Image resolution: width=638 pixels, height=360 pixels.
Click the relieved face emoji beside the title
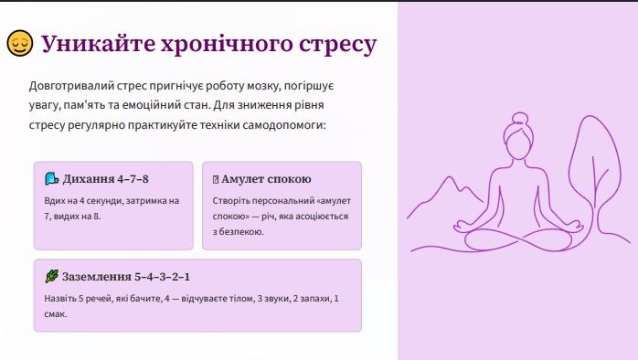pyautogui.click(x=20, y=43)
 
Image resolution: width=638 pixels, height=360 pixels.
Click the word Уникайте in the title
pyautogui.click(x=98, y=44)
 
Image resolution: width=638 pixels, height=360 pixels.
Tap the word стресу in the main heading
pyautogui.click(x=337, y=45)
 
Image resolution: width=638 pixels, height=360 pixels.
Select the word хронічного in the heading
pyautogui.click(x=227, y=45)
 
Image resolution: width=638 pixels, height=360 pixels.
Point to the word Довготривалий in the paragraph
pyautogui.click(x=71, y=86)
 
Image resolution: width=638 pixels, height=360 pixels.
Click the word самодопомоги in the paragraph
pyautogui.click(x=284, y=125)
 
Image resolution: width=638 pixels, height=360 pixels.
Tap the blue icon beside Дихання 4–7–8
pyautogui.click(x=52, y=178)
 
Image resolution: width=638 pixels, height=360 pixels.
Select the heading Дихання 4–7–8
pyautogui.click(x=105, y=179)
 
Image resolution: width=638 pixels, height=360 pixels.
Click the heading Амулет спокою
pyautogui.click(x=266, y=179)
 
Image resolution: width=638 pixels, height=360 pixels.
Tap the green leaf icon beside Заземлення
pyautogui.click(x=52, y=276)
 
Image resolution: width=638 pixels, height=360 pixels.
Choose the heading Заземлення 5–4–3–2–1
pyautogui.click(x=126, y=277)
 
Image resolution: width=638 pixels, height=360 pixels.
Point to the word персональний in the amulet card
pyautogui.click(x=282, y=201)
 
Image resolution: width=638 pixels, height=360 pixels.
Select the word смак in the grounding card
pyautogui.click(x=56, y=314)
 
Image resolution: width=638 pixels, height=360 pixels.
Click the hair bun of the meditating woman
pyautogui.click(x=519, y=119)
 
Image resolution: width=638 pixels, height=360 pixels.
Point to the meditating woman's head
pyautogui.click(x=519, y=141)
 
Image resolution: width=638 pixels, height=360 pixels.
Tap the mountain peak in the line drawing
pyautogui.click(x=450, y=178)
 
